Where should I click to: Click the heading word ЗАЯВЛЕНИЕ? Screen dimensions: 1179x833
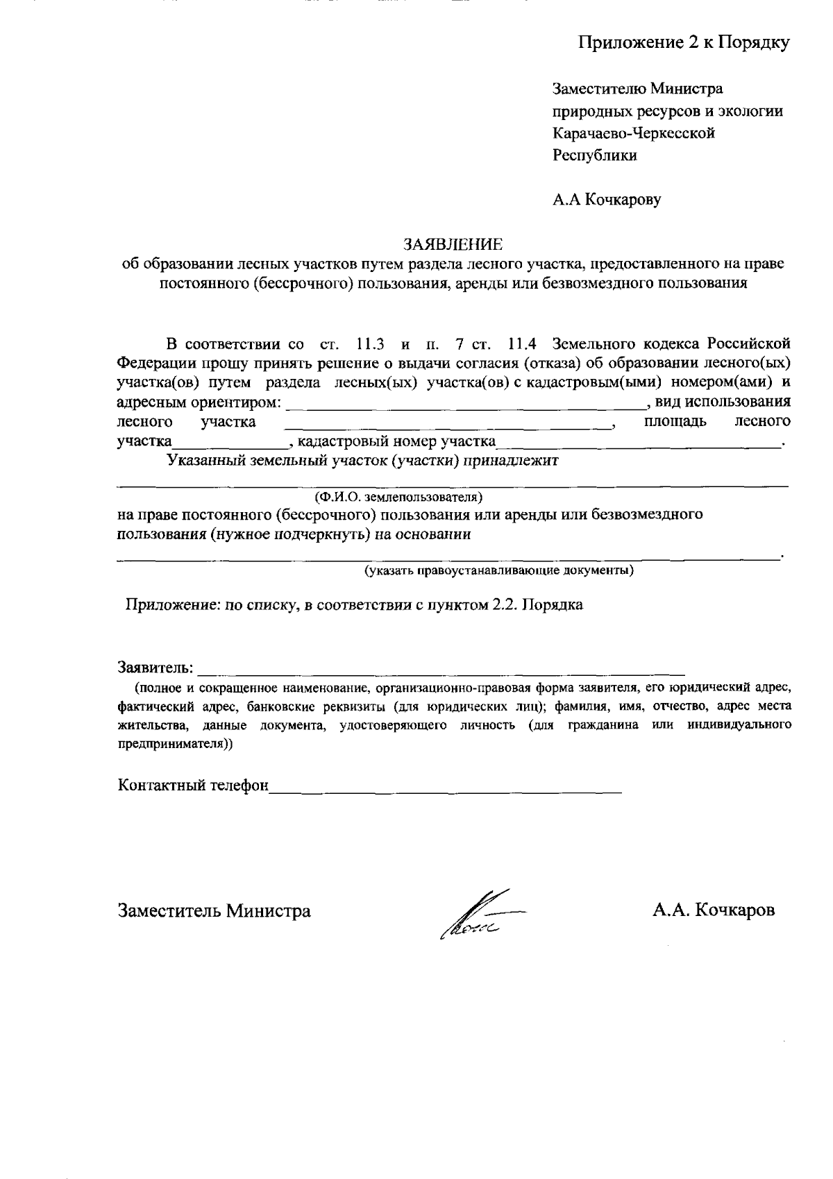[x=453, y=244]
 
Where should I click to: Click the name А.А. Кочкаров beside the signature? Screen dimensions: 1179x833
[x=713, y=910]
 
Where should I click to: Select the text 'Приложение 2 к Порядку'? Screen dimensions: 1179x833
[x=684, y=43]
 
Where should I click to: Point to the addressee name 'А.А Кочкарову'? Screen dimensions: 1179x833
[x=607, y=201]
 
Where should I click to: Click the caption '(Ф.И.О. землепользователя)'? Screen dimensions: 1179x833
[x=398, y=498]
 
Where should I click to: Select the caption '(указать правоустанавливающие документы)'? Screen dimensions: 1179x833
[x=499, y=571]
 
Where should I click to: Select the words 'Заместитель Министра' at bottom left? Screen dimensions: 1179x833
[x=214, y=910]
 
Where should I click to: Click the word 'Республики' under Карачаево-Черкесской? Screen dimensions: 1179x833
[x=594, y=155]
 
